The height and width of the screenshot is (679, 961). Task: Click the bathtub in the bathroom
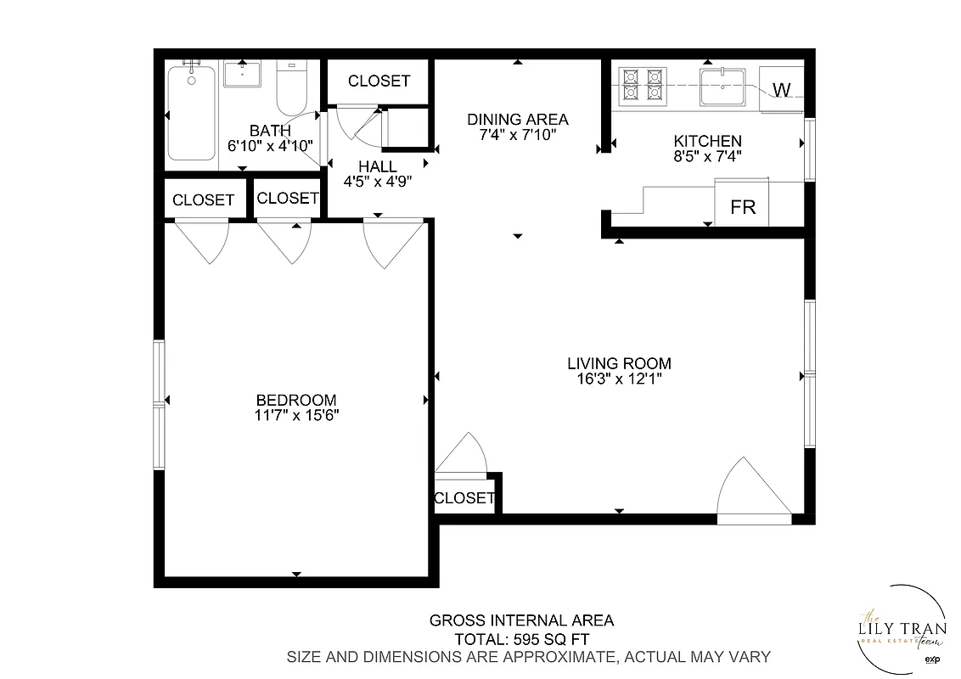[191, 112]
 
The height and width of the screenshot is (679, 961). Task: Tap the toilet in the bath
[291, 90]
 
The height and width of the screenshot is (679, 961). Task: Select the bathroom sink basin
[244, 74]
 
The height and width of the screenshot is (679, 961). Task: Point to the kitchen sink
[722, 86]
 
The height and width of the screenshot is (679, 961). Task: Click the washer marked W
[782, 89]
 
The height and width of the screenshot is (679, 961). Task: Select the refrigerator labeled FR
[743, 206]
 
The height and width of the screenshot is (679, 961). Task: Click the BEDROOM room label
[296, 400]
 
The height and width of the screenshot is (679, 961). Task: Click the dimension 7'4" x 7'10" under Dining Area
[517, 134]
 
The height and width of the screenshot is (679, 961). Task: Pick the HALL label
[377, 166]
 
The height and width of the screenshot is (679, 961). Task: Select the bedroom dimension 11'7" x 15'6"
[296, 415]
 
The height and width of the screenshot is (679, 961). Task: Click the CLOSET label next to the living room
[464, 498]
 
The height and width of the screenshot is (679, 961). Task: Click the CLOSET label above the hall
[379, 81]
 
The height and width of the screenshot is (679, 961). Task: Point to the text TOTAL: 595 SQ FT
[521, 638]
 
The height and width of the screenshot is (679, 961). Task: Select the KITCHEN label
[707, 141]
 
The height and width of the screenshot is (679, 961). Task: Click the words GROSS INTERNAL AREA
[521, 620]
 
